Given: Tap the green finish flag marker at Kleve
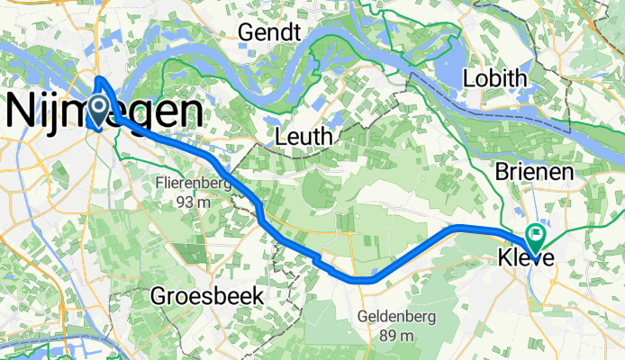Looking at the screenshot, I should (538, 237).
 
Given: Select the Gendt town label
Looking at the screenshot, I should (267, 32).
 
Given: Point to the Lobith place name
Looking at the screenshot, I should (494, 79).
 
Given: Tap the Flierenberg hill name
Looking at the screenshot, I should (194, 184).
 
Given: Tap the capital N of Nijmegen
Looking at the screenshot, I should (20, 112).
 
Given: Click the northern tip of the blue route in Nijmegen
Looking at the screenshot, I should (97, 79).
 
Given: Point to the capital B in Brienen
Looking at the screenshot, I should (503, 172).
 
